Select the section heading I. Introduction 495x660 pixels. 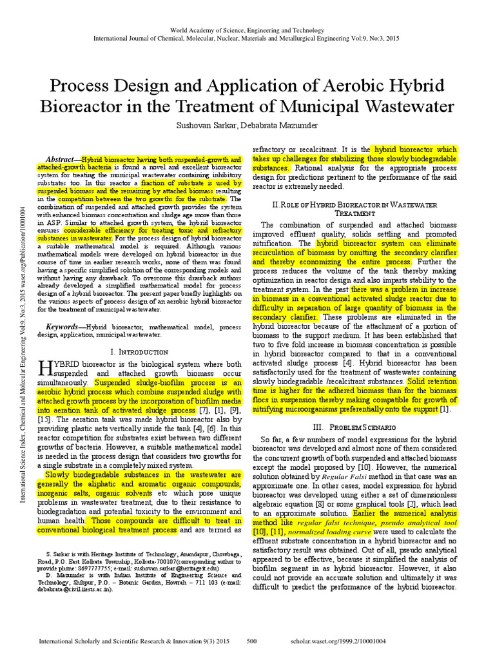tap(140, 352)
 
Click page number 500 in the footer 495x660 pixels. tap(252, 642)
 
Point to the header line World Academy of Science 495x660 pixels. tap(247, 30)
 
